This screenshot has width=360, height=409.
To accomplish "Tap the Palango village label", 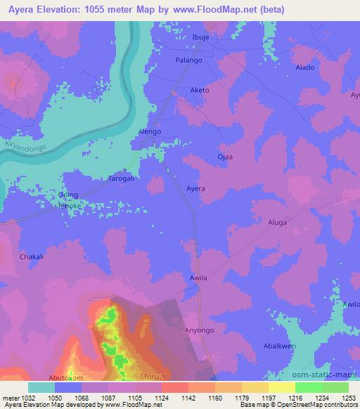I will tap(188, 61).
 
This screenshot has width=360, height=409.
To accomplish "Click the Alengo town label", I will tap(150, 131).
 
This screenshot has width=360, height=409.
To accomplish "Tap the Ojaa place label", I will tap(225, 156).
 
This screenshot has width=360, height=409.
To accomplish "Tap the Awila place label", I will tap(199, 278).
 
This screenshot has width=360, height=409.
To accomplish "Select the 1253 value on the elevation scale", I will tap(348, 399).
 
